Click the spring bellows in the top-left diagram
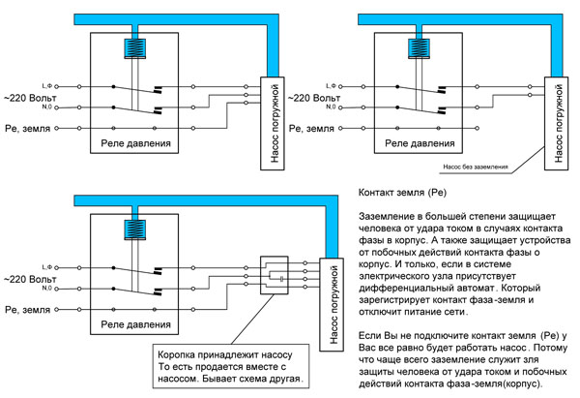click(134, 48)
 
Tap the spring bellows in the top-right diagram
click(419, 48)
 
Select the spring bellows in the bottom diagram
click(134, 230)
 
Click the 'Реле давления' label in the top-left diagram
click(135, 143)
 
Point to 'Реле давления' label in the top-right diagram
click(420, 143)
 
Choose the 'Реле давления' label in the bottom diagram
click(135, 324)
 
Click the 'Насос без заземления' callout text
click(476, 167)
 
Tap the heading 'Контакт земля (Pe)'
click(402, 193)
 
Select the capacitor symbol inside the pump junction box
click(282, 279)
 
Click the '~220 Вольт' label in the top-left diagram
click(30, 98)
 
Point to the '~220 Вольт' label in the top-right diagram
click(314, 98)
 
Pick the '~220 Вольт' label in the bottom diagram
click(30, 280)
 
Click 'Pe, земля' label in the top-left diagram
click(28, 129)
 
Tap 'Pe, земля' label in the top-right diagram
click(311, 129)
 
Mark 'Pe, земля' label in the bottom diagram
click(28, 310)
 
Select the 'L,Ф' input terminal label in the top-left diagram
click(47, 86)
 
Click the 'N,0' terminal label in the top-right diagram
click(331, 107)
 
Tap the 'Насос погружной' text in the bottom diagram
click(333, 304)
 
